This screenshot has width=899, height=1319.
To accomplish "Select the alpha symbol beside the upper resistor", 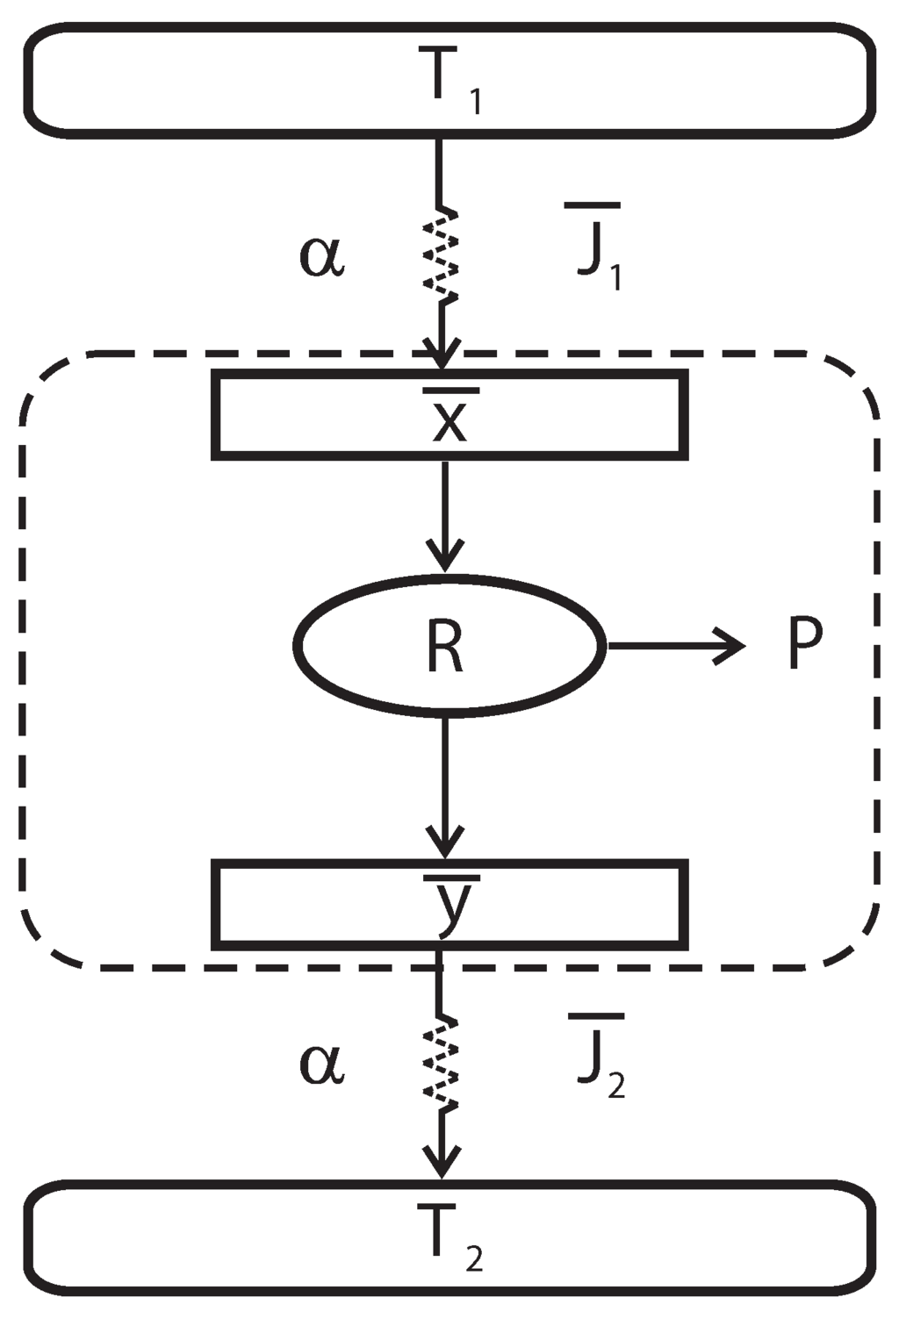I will click(322, 257).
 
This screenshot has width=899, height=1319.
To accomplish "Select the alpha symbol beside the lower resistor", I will click(322, 1065).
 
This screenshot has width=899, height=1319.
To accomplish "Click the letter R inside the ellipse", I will click(444, 647).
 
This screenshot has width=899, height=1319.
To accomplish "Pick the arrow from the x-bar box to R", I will click(445, 518).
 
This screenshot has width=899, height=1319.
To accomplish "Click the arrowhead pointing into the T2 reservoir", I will click(442, 1163).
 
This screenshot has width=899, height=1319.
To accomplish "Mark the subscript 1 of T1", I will click(475, 103).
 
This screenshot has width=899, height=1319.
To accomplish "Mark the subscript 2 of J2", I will click(616, 1086).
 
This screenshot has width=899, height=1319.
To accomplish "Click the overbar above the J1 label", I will click(593, 206).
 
